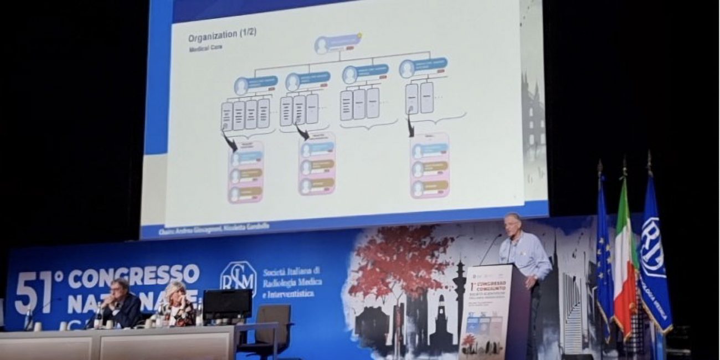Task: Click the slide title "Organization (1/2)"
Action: click(222, 38)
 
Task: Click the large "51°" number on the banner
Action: click(34, 291)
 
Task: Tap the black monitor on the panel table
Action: click(227, 305)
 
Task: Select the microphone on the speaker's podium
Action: click(491, 249)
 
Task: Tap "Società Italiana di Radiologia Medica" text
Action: click(292, 281)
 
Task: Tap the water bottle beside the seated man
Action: click(99, 317)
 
